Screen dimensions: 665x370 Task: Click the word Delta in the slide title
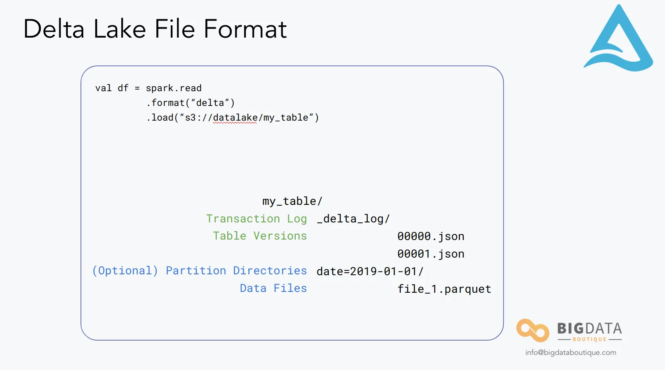(54, 29)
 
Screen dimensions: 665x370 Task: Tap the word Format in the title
(245, 29)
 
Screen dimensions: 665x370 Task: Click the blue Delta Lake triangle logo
(618, 41)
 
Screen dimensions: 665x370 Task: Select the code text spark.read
(174, 88)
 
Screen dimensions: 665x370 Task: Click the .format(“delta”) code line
(190, 103)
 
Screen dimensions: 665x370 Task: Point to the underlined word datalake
(235, 118)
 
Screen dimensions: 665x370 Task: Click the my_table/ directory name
(292, 201)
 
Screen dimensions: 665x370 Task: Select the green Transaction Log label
(256, 219)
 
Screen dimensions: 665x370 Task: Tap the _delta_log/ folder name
(353, 219)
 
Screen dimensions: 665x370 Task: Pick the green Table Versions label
(260, 236)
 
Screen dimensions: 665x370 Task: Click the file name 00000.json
(431, 236)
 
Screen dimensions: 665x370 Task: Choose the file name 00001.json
(431, 254)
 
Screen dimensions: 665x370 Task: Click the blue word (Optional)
(125, 271)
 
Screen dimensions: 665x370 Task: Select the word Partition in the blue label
(196, 271)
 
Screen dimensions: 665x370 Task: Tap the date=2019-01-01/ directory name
(370, 271)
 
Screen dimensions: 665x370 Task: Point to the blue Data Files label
(273, 288)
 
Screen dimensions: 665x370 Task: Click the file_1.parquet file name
(444, 289)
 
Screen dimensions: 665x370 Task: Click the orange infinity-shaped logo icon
(532, 330)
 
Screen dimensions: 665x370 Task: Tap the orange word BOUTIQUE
(589, 339)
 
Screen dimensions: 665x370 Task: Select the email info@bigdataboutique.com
(571, 352)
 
